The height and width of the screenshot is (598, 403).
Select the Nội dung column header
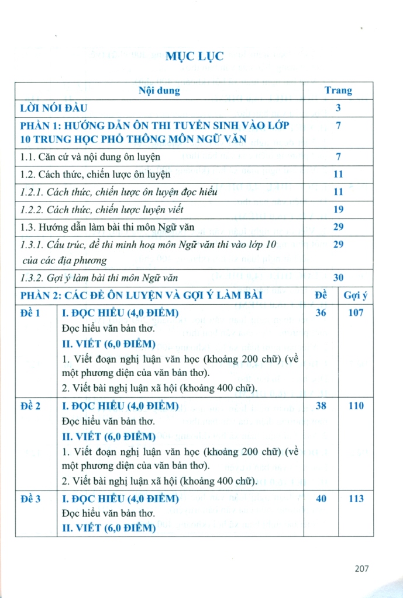tap(159, 91)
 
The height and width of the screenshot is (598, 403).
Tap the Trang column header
tap(338, 91)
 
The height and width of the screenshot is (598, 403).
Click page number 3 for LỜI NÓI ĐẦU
tap(338, 107)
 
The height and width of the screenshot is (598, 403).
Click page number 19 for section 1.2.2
tap(338, 210)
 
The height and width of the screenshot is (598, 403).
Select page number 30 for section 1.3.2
tap(338, 278)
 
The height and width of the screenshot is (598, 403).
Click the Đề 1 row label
tap(30, 313)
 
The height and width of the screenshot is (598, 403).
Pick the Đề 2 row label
tap(30, 406)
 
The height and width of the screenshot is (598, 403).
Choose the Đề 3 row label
tap(30, 499)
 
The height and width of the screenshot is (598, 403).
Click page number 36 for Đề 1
tap(321, 313)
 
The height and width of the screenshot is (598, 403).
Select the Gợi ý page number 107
tap(354, 313)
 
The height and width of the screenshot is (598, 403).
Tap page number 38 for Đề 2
tap(321, 406)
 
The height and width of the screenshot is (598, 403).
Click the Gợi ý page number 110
tap(356, 406)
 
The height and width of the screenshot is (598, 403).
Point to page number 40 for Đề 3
tap(321, 499)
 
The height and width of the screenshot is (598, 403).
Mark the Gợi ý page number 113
tap(356, 499)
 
